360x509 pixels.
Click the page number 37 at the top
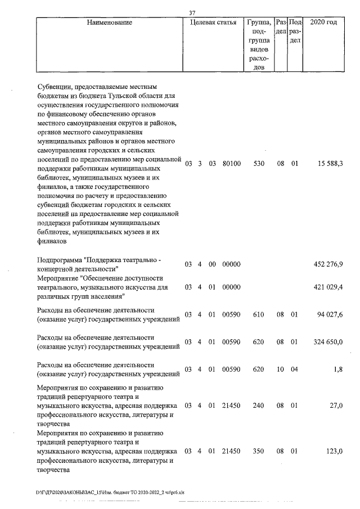click(192, 13)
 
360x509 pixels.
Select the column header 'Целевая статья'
click(213, 22)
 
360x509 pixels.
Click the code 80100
click(231, 164)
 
